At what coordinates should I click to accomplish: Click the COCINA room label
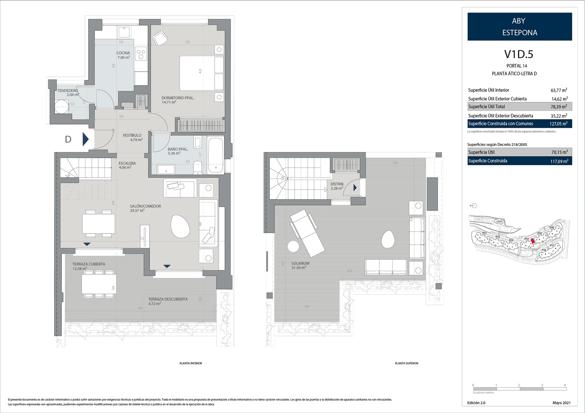coord(123,55)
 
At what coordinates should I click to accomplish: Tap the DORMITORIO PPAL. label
coord(178,100)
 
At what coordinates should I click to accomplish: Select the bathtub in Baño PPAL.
coord(215,155)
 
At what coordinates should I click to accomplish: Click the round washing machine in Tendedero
coord(61,107)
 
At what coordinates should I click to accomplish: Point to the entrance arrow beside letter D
coord(86,139)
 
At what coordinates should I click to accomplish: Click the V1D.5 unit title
coord(518,54)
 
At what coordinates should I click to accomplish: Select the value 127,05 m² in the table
coord(558,124)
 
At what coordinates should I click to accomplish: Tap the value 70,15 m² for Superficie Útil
coord(559,152)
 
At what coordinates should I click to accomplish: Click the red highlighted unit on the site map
coord(533,241)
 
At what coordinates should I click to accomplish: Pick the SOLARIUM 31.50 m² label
coord(300,265)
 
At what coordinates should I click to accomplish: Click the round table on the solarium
coord(293,246)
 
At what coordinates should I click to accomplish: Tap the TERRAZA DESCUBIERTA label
coord(168,301)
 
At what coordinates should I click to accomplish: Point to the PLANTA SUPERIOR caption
coord(406,363)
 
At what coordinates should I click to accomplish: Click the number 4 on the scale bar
coord(565,385)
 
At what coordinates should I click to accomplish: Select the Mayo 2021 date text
coord(561,403)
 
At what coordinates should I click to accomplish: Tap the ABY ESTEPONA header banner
coord(520,27)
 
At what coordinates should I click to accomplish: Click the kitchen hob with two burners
coord(141,54)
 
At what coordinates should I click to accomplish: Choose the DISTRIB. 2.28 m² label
coord(337,186)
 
